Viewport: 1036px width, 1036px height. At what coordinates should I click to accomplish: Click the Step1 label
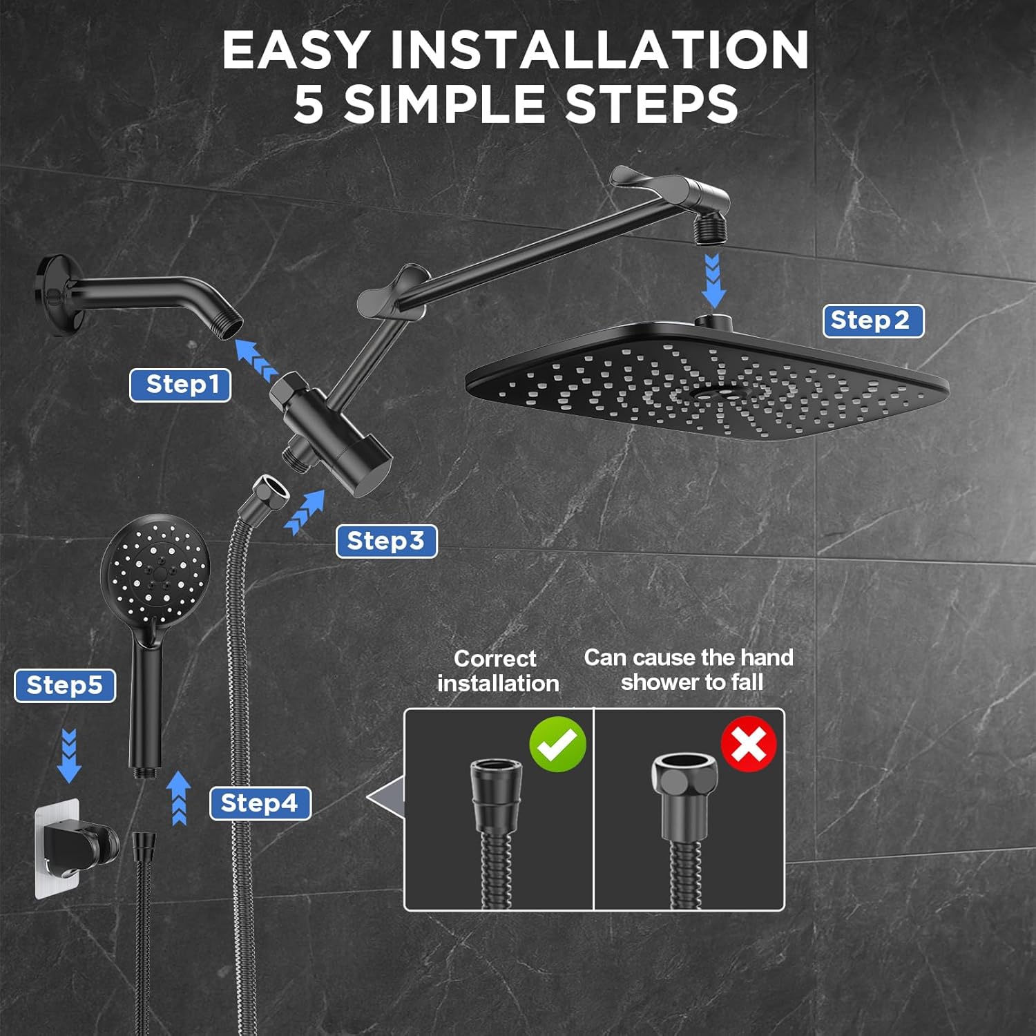[x=180, y=385]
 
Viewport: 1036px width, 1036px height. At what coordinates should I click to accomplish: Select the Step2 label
[x=873, y=321]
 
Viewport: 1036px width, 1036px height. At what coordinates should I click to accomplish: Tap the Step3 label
[x=386, y=541]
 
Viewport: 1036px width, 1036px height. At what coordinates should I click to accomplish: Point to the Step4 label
[x=260, y=804]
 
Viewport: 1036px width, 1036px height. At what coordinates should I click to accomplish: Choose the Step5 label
[x=65, y=686]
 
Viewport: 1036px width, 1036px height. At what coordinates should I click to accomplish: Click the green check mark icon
[x=557, y=744]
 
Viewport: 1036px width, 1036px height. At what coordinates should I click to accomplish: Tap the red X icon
[x=749, y=744]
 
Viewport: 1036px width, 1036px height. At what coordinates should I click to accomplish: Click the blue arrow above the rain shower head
[x=713, y=281]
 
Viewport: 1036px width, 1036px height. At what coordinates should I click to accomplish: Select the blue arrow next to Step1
[x=256, y=360]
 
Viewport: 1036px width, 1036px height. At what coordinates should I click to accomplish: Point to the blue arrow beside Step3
[x=305, y=512]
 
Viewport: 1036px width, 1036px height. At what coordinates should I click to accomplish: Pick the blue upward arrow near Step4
[x=179, y=797]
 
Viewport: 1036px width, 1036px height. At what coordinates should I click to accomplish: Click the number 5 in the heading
[x=308, y=105]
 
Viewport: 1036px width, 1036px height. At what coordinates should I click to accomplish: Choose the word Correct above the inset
[x=495, y=658]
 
